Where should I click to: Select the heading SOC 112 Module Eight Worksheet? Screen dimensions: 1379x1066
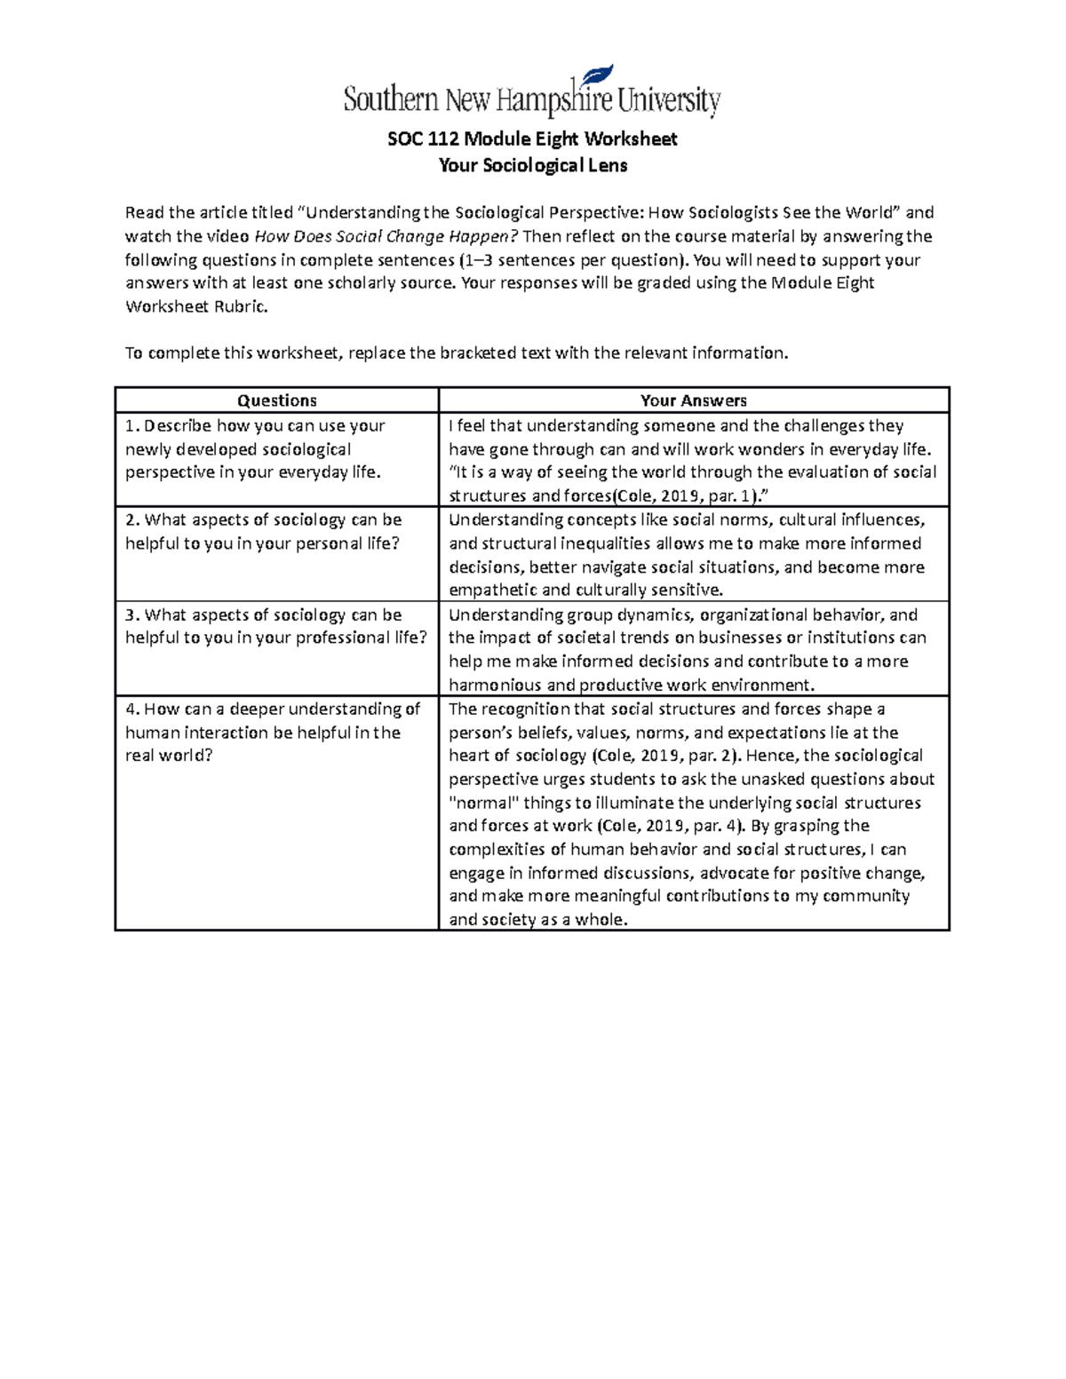point(532,139)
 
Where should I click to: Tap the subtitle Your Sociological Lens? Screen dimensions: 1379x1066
point(532,165)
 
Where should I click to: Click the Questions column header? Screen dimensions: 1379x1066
point(277,400)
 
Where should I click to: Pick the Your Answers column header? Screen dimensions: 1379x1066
point(694,400)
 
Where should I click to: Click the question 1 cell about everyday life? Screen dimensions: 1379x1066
point(276,448)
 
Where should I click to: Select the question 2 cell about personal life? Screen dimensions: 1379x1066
point(276,531)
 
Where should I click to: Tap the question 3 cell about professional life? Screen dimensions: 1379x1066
point(276,626)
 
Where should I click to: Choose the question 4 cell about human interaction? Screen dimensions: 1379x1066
point(276,733)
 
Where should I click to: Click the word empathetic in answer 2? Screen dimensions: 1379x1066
point(493,590)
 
